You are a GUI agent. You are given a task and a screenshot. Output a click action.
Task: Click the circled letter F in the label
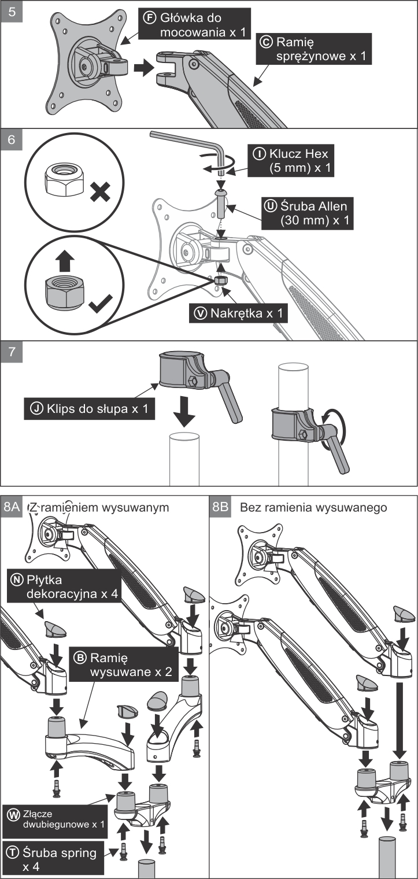coord(149,19)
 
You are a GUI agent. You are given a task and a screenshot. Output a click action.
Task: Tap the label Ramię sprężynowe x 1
coord(315,49)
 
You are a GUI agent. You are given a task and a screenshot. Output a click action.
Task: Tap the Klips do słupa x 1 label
coord(89,409)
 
